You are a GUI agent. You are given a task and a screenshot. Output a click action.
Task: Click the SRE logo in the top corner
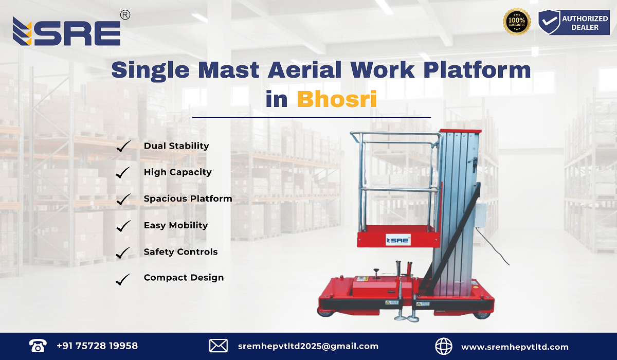coord(67,32)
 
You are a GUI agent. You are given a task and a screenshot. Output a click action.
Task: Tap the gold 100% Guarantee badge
coord(516,22)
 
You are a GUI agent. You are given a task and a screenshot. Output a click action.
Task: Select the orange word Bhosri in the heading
coord(337,99)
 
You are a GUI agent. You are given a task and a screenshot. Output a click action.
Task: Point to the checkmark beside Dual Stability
coord(123,147)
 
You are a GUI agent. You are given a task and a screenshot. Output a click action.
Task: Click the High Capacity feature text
coord(177,172)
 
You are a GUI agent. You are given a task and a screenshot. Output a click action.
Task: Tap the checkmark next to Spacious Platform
coord(123,200)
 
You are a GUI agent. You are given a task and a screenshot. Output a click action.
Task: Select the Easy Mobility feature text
coord(175,225)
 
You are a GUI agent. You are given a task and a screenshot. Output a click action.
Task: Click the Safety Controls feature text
coord(180,251)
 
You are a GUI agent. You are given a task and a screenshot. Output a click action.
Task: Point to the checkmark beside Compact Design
coord(123,279)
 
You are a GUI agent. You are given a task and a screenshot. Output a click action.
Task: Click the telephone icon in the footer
coord(38,346)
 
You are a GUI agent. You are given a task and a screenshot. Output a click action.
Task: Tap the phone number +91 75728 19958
coord(97,346)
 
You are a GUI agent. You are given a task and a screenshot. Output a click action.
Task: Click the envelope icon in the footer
coord(219,346)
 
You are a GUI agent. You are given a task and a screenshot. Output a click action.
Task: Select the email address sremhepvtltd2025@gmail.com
coord(308,346)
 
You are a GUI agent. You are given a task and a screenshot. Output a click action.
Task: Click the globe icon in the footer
coord(444,346)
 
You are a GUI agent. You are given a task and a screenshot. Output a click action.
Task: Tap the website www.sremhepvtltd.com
coord(515,347)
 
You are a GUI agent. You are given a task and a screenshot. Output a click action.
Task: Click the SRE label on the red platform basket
coord(398,240)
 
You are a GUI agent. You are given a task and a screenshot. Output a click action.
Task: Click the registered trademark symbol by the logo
coord(124,15)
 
